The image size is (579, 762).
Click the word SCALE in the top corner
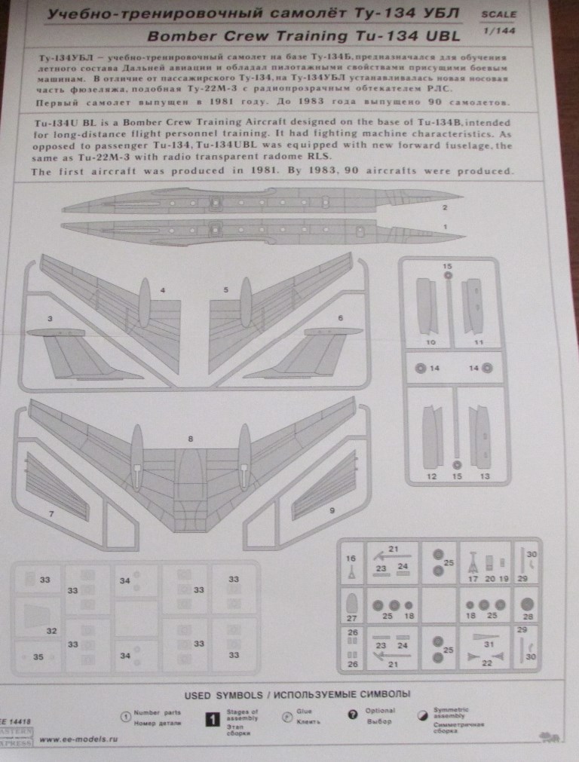pos(498,14)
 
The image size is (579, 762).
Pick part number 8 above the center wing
pos(191,438)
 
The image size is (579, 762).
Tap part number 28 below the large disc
pos(526,617)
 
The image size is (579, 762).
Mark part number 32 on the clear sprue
pos(51,630)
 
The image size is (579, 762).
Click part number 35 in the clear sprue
pos(38,656)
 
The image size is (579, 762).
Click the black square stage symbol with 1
pos(213,718)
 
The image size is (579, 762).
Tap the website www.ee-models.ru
pos(78,739)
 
